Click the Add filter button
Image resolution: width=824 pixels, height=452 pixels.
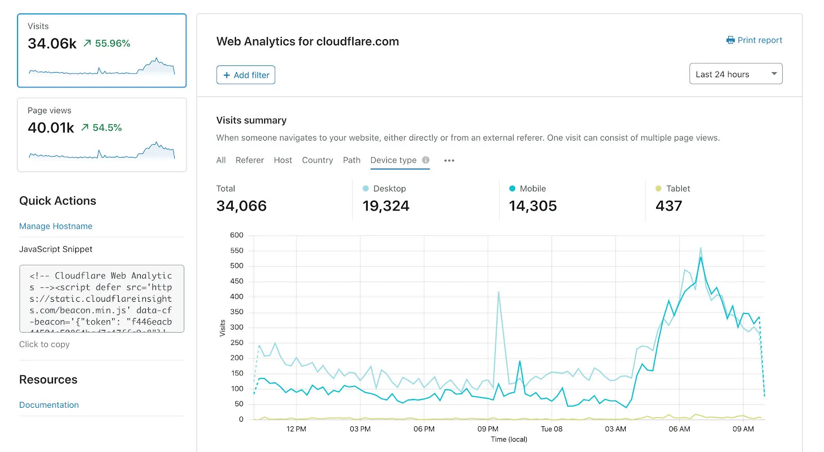coord(246,75)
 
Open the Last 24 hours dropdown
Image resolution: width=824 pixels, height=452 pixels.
coord(735,74)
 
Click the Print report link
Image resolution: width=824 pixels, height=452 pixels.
coord(754,40)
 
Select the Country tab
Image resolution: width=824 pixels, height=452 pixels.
coord(317,160)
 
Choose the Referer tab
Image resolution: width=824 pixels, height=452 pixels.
coord(250,160)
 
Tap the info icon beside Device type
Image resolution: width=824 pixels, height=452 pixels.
coord(426,160)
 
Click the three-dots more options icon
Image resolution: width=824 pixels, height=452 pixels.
coord(449,161)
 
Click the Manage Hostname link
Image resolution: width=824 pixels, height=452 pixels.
coord(56,226)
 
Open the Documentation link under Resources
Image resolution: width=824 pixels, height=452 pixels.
coord(49,405)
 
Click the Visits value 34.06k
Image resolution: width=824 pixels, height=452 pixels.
coord(52,44)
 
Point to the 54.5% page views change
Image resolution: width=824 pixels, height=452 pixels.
coord(107,128)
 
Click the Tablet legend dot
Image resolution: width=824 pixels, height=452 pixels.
coord(658,189)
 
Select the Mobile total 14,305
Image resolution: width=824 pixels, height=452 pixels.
coord(533,206)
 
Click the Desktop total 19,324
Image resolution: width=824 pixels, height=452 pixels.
coord(386,206)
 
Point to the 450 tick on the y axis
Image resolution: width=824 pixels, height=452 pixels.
coord(237,281)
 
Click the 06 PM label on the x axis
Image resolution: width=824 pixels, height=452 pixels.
coord(424,429)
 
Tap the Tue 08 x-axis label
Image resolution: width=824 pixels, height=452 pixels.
coord(552,429)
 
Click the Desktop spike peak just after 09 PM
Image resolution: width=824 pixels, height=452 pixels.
coord(499,292)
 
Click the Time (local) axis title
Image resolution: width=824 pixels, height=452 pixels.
coord(509,439)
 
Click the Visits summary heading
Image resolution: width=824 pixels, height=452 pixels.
coord(251,120)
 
